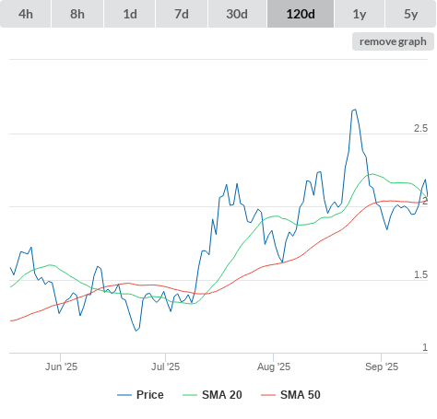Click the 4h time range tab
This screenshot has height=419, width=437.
26,14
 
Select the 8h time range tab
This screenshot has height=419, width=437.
77,14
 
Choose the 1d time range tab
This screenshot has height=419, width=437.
130,14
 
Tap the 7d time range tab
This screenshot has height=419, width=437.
182,14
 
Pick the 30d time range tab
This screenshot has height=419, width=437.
237,14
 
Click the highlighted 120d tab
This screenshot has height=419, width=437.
301,14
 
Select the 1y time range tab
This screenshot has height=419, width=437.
360,14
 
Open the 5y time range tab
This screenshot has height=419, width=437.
411,14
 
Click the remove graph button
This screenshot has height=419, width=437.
393,41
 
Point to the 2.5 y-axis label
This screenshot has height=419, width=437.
420,128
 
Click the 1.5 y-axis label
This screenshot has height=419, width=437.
420,274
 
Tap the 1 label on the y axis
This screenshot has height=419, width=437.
425,347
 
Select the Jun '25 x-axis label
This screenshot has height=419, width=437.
61,367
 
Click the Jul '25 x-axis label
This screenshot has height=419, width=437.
165,367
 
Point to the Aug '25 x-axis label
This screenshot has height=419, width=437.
274,367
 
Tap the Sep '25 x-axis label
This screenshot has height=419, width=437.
382,367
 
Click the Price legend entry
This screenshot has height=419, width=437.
140,395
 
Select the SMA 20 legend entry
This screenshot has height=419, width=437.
212,395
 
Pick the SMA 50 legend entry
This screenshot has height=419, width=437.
290,395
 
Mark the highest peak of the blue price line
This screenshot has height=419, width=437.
355,110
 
